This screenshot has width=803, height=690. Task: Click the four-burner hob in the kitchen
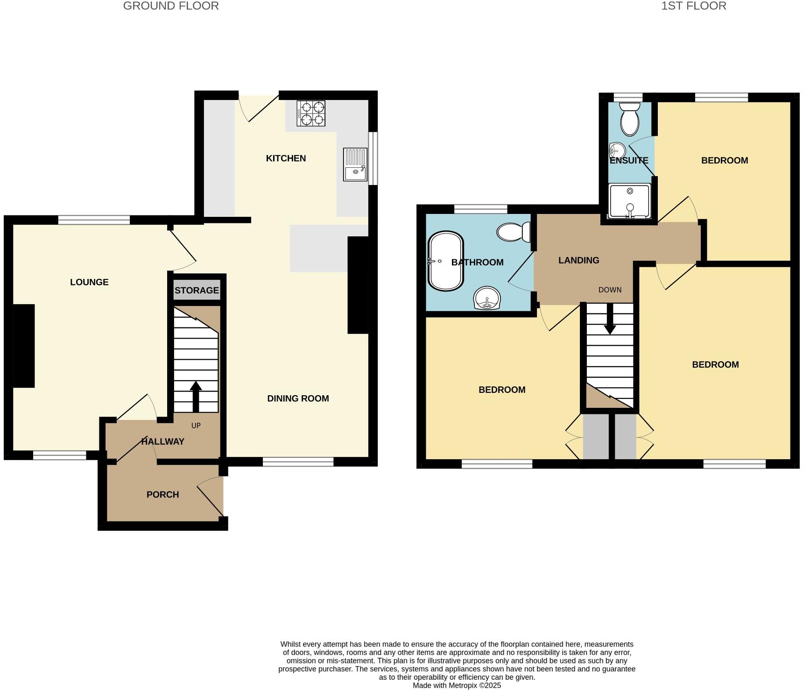pos(311,114)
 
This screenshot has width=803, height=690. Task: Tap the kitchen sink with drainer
pos(355,164)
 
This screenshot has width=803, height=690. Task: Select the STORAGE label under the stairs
pos(197,290)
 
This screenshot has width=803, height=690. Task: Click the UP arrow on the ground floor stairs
pos(196,396)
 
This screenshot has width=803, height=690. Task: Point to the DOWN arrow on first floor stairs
pos(610,319)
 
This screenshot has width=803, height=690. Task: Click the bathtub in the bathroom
pos(446,261)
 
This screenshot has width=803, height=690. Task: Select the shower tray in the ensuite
pos(630,201)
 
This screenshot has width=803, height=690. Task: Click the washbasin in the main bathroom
pos(487,298)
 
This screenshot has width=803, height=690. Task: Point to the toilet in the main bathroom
pos(514,232)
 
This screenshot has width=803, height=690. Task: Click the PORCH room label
pos(162,494)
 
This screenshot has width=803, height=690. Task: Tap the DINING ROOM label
pos(298,398)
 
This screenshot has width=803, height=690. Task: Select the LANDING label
pos(578,260)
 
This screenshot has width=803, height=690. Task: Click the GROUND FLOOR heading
pos(171,6)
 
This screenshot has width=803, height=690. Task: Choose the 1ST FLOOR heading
pos(693,6)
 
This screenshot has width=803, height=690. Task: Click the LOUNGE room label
pos(89,282)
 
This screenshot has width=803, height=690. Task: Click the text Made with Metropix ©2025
pos(457,685)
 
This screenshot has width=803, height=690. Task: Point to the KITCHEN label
pos(286,158)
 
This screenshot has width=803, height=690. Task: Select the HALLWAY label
pos(162,441)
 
